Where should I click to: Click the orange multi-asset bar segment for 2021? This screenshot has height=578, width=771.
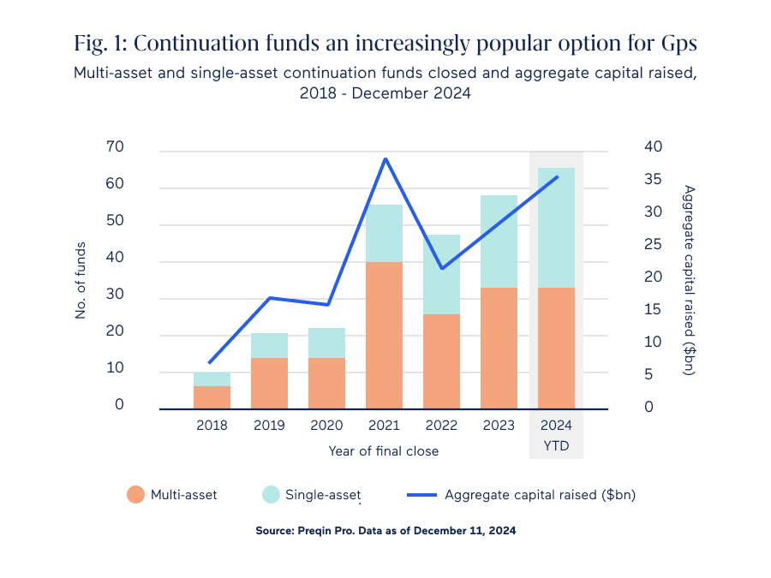[384, 335]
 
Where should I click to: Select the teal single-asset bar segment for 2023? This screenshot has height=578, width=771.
[499, 241]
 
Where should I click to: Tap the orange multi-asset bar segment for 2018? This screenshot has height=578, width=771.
[212, 397]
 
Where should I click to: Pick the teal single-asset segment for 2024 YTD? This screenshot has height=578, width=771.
[556, 228]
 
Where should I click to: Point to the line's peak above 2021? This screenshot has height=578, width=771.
[385, 159]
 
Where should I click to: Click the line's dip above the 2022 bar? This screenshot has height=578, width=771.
[442, 268]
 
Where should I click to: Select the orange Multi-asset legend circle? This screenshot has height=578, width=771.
[135, 494]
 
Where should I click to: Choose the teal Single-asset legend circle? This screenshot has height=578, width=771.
[271, 494]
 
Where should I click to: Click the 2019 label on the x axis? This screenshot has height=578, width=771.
[269, 426]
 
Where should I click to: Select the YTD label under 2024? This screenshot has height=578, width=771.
[556, 446]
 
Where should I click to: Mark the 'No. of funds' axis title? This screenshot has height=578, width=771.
[81, 278]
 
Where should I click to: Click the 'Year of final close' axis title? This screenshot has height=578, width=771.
[383, 450]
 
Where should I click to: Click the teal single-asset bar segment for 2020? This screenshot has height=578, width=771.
[326, 343]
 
